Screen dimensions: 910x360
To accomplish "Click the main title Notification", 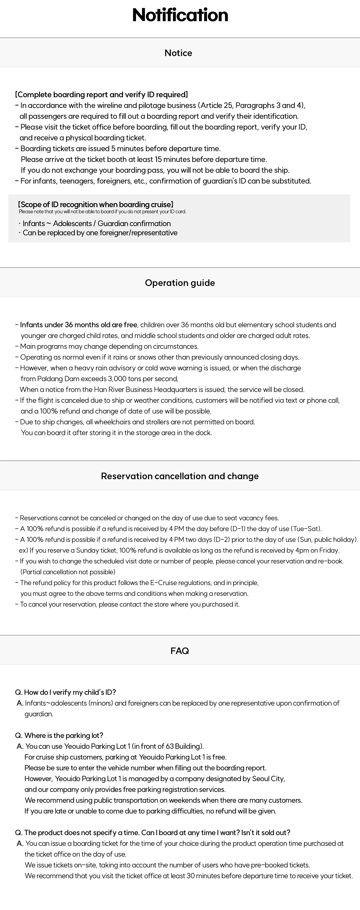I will (180, 15).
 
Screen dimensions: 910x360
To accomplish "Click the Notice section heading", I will (179, 53).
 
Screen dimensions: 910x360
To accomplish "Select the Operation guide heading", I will (180, 283).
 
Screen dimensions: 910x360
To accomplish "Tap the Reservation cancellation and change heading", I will (180, 476).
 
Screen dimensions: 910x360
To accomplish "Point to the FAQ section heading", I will (180, 651).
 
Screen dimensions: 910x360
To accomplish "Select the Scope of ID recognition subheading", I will (96, 204).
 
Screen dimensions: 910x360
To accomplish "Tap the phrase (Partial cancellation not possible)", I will (68, 572).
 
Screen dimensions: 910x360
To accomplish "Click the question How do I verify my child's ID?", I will (66, 692).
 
